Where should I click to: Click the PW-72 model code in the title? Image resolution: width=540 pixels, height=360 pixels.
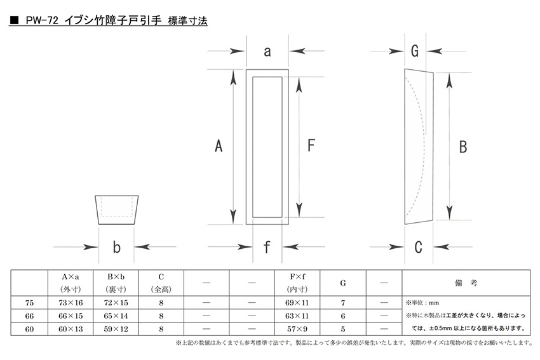click(42, 21)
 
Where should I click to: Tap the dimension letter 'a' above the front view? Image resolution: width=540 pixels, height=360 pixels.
click(267, 51)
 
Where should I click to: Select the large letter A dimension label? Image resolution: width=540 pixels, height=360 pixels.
click(219, 145)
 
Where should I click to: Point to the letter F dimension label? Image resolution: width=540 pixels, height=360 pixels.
click(311, 145)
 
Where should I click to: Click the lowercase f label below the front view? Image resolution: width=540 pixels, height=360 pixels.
click(267, 247)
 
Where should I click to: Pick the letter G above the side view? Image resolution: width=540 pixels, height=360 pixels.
click(415, 51)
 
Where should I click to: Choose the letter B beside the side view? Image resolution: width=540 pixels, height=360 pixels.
click(463, 147)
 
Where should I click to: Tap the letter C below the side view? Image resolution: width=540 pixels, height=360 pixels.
click(418, 247)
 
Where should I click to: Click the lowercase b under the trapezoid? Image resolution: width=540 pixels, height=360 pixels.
click(117, 247)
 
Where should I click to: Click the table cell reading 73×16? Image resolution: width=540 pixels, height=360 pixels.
click(71, 303)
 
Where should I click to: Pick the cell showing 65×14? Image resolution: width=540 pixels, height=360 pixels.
click(116, 316)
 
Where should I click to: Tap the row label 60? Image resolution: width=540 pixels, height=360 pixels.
click(30, 329)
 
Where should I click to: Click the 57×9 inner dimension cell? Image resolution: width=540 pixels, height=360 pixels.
click(297, 329)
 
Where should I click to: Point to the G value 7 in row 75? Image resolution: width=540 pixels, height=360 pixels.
click(343, 303)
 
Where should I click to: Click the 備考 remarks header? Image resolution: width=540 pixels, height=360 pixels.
click(466, 283)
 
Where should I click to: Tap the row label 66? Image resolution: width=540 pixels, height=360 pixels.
click(30, 316)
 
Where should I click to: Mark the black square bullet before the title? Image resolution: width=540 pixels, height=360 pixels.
click(14, 20)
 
